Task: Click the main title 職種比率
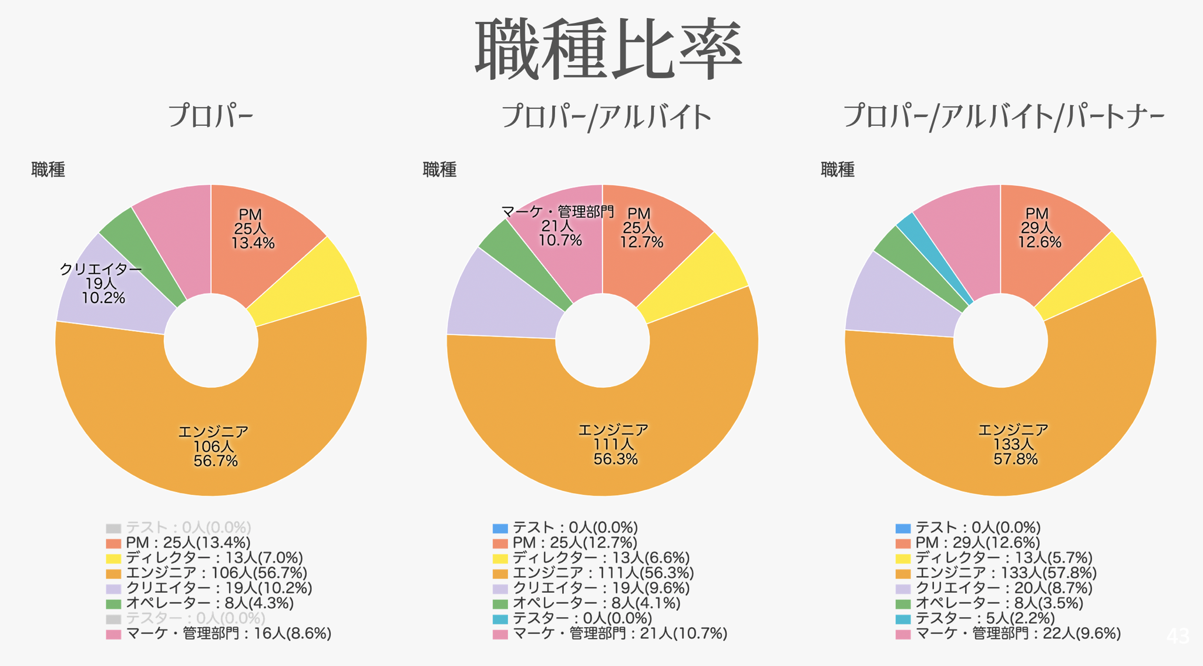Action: pyautogui.click(x=608, y=50)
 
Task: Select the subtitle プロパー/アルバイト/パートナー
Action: pyautogui.click(x=1003, y=117)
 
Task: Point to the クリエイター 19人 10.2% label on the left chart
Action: pyautogui.click(x=101, y=284)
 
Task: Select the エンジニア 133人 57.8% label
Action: pyautogui.click(x=1014, y=445)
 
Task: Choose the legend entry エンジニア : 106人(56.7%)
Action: pyautogui.click(x=216, y=573)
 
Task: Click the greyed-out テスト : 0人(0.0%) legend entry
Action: pyautogui.click(x=188, y=527)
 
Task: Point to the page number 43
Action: pyautogui.click(x=1177, y=636)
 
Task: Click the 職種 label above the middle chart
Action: pyautogui.click(x=439, y=170)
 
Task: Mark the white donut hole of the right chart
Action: pyautogui.click(x=1000, y=341)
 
